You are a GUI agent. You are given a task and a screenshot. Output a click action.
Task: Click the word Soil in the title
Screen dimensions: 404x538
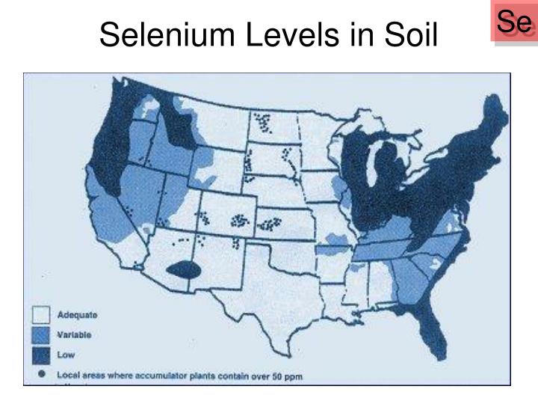pyautogui.click(x=409, y=35)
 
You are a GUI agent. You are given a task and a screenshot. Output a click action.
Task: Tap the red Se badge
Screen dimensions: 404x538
pyautogui.click(x=515, y=22)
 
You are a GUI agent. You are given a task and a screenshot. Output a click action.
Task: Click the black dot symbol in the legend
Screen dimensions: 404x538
pyautogui.click(x=43, y=372)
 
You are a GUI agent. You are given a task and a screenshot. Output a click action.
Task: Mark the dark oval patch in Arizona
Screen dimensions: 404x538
pyautogui.click(x=185, y=270)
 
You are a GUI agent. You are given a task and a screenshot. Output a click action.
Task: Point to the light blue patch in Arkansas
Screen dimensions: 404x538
pyautogui.click(x=333, y=237)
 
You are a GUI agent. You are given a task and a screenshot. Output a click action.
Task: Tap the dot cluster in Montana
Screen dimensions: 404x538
pyautogui.click(x=263, y=121)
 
